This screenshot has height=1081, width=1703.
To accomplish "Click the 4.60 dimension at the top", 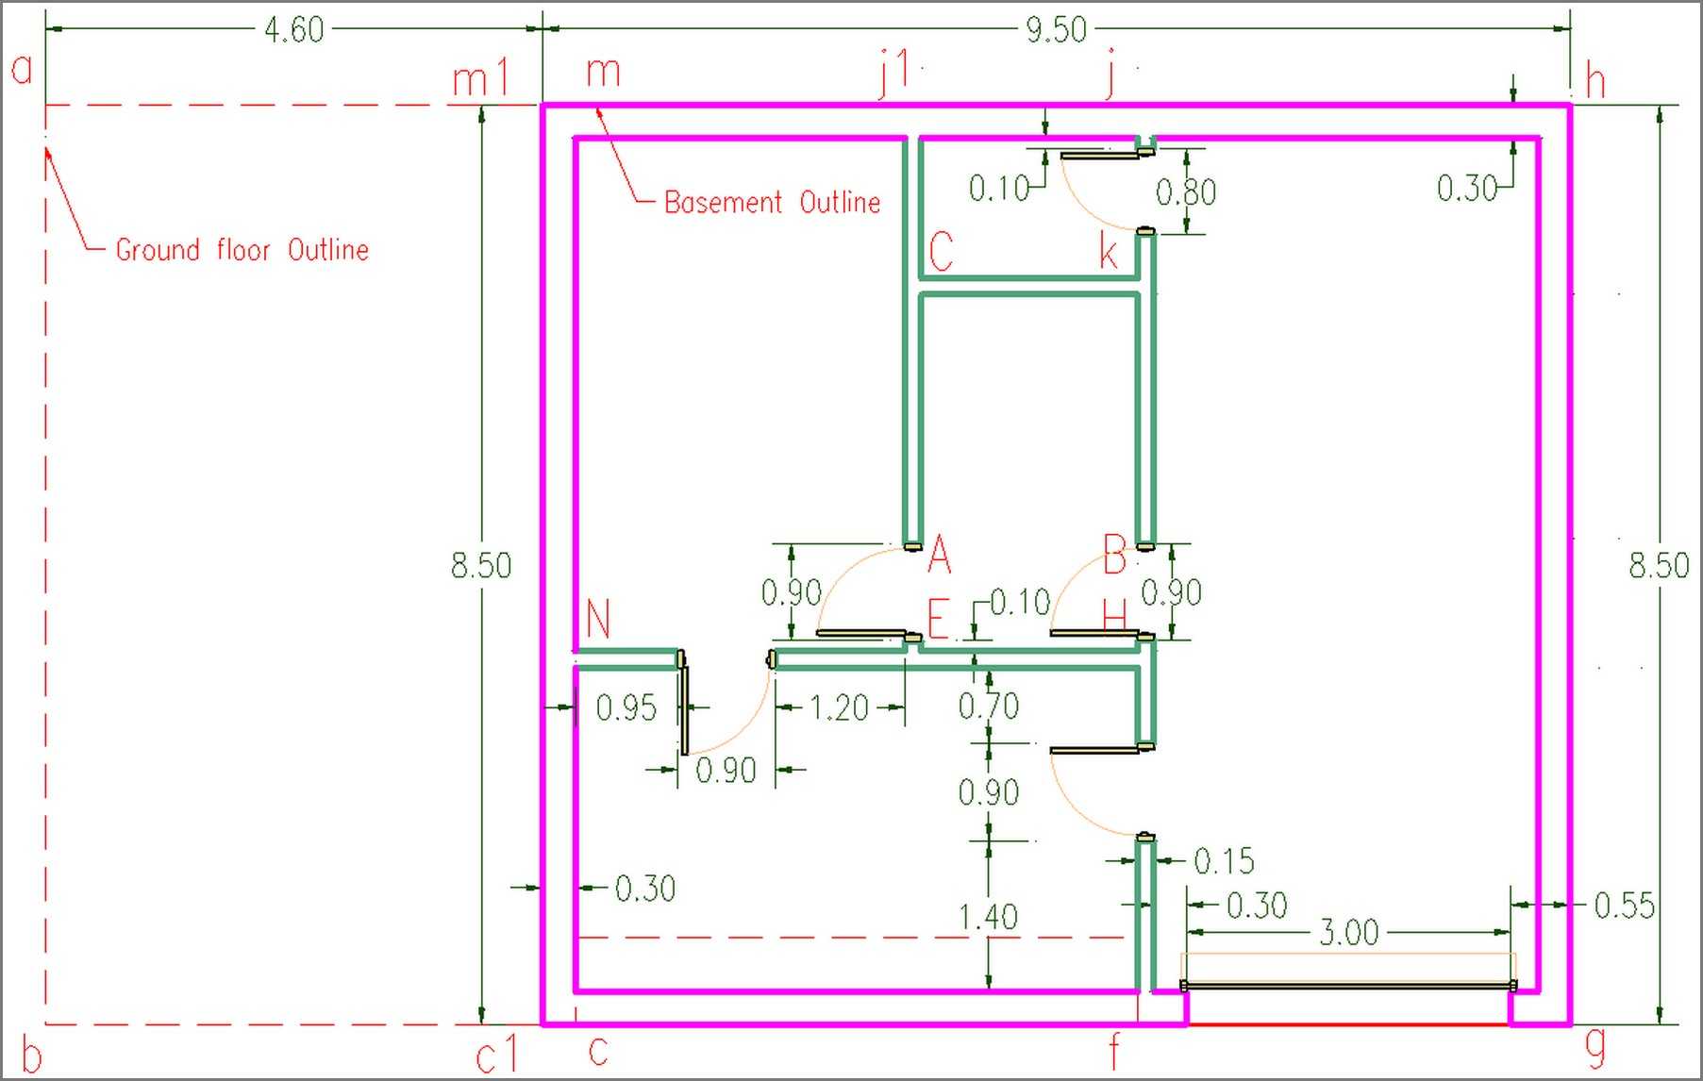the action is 293,29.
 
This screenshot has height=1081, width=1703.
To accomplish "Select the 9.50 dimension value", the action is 1056,29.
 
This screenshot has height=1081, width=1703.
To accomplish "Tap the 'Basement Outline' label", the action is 772,202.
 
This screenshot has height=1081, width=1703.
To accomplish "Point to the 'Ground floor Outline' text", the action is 242,249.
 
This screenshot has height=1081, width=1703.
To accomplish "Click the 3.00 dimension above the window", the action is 1348,933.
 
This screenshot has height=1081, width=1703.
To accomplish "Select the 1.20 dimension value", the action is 839,707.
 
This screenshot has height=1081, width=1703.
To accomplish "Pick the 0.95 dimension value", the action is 626,707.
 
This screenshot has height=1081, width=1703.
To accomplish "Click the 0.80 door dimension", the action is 1186,192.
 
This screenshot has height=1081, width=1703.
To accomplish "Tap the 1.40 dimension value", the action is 988,917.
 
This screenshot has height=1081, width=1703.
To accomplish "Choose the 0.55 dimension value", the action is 1624,906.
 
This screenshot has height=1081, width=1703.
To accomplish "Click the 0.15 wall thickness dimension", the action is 1224,861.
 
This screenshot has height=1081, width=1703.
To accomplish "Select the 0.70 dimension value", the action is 988,706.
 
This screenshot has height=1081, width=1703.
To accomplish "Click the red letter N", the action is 598,619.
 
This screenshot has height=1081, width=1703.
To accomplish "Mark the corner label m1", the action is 480,77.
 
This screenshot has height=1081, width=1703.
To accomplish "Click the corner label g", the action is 1594,1048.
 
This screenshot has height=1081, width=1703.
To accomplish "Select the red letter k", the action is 1110,252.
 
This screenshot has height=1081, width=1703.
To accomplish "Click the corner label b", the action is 31,1056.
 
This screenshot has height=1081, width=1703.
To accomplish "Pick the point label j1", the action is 894,73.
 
